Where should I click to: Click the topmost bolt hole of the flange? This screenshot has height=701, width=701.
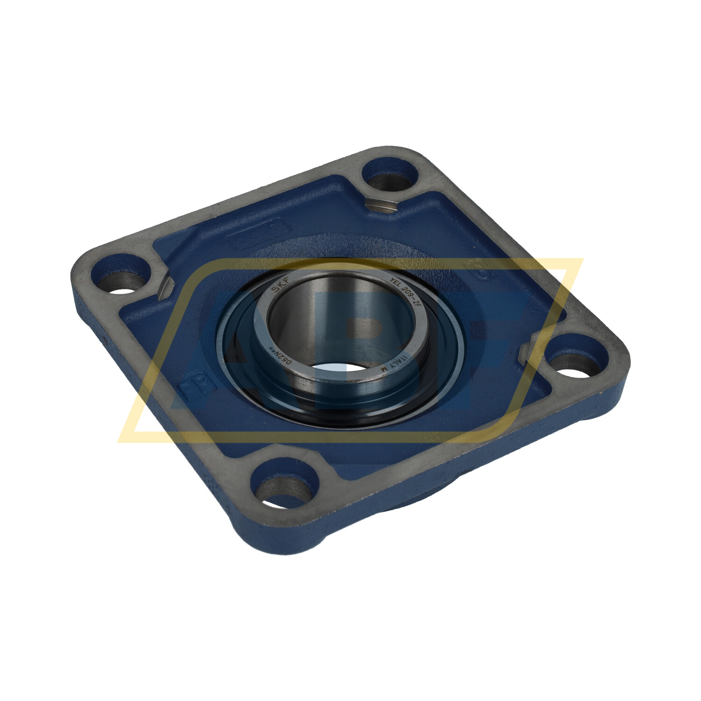point(390,174)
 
